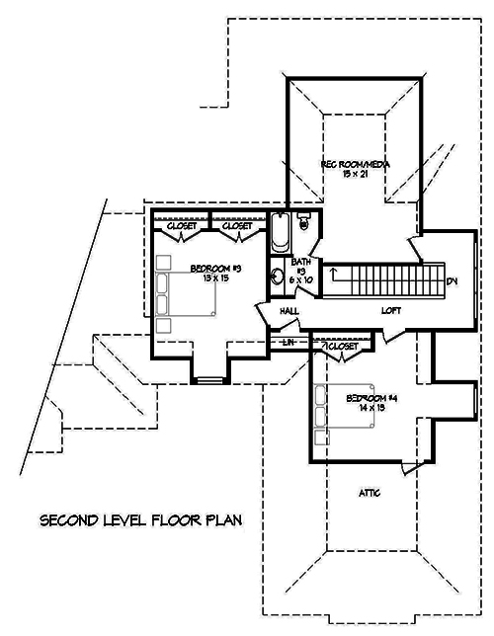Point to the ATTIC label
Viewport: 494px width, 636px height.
(x=369, y=492)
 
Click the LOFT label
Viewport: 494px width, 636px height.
(x=392, y=310)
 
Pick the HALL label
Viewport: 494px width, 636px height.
(x=289, y=311)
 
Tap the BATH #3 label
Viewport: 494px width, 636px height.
(x=300, y=271)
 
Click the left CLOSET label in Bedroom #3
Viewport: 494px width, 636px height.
(x=181, y=226)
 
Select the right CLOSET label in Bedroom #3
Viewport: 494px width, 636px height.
(x=237, y=226)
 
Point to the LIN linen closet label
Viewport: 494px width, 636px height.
(x=289, y=342)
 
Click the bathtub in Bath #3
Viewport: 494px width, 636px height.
(x=279, y=234)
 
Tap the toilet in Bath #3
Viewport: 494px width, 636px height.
(x=304, y=221)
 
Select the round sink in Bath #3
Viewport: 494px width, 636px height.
(x=278, y=278)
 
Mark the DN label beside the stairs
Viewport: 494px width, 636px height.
(x=453, y=281)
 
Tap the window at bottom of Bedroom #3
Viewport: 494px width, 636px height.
(x=209, y=378)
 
